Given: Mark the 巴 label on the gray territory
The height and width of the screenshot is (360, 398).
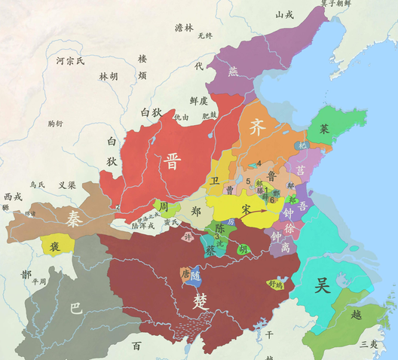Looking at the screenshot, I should click(75, 308).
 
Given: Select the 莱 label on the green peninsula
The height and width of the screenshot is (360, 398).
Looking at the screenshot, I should click(324, 130).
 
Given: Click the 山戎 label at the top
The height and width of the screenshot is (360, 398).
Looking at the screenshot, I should click(283, 14).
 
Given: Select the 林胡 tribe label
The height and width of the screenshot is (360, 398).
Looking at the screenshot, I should click(109, 76).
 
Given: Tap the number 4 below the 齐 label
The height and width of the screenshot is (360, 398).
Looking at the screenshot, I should click(259, 163).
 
